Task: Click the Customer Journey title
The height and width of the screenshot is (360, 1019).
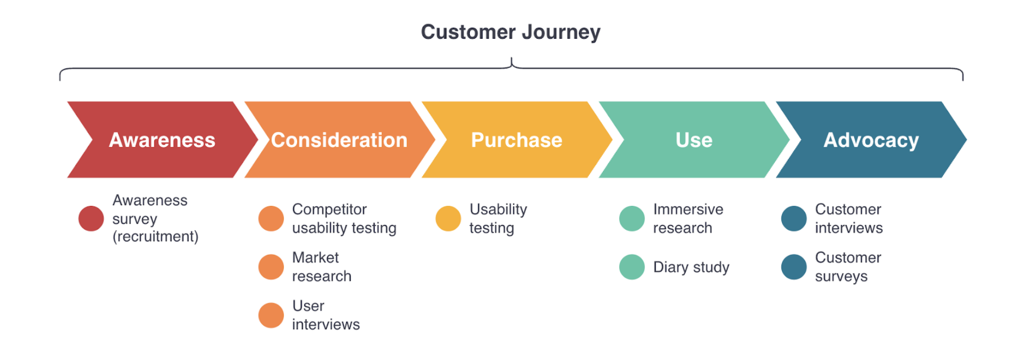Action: pos(510,32)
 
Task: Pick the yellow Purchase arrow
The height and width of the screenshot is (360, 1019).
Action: pos(516,140)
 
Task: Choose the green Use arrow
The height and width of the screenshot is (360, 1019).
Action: pos(694,140)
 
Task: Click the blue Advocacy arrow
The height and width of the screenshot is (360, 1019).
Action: pos(871,140)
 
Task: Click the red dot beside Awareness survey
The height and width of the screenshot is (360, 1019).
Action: pos(91,219)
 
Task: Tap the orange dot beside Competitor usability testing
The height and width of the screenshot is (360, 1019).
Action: pos(271,219)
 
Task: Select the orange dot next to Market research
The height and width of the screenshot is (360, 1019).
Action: pos(271,267)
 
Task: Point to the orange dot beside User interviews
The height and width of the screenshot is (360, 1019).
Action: pos(271,315)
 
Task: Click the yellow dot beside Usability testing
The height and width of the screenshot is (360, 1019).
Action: pos(448,219)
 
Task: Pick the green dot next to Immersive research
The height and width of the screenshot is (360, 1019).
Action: pos(632,219)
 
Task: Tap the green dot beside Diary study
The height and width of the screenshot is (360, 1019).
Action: pos(632,267)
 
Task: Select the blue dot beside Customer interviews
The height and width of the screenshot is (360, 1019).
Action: pos(794,219)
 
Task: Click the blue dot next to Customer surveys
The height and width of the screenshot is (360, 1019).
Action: pos(794,267)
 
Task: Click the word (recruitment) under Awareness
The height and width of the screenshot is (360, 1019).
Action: pos(155,237)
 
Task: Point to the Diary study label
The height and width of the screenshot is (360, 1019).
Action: pos(691,267)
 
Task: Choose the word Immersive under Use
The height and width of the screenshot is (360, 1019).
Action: pos(688,209)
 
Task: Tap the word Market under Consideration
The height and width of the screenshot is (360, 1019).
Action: pos(316,257)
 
